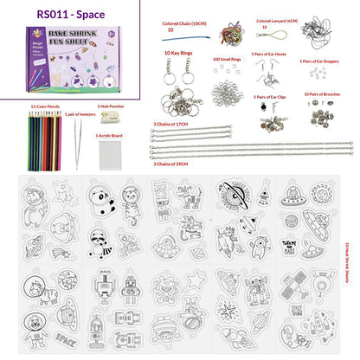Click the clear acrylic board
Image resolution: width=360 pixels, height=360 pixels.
tap(112, 152)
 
